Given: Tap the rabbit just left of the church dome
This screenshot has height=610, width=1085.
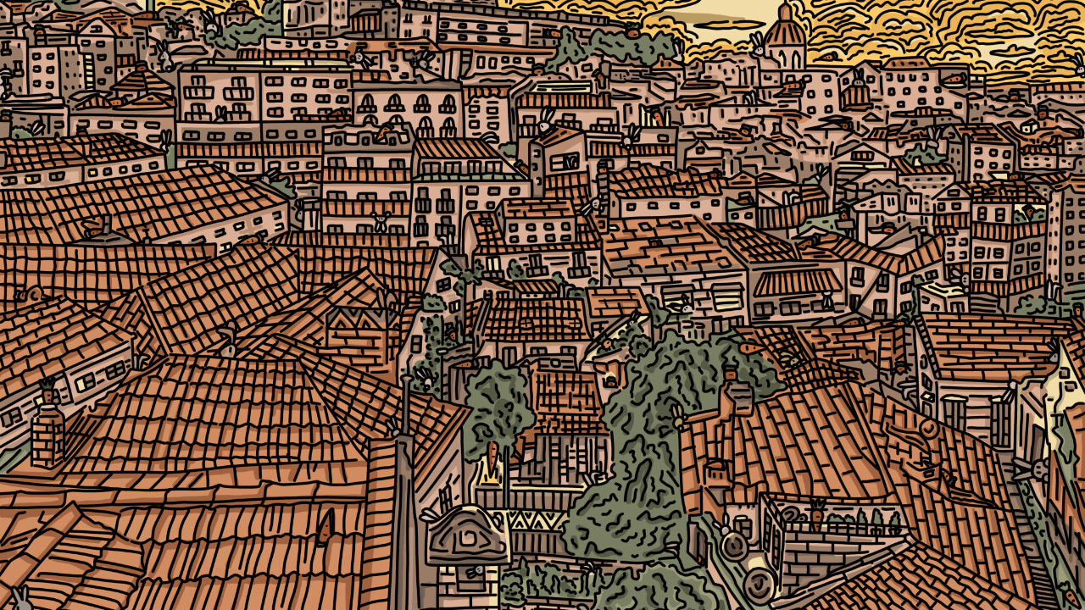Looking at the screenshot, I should pyautogui.click(x=757, y=47).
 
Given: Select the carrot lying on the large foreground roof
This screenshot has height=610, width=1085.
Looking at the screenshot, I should pyautogui.click(x=325, y=527).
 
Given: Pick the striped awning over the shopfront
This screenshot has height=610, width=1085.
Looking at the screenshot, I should pyautogui.click(x=795, y=281).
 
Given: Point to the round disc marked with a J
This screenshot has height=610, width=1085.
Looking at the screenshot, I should pyautogui.click(x=759, y=584).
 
